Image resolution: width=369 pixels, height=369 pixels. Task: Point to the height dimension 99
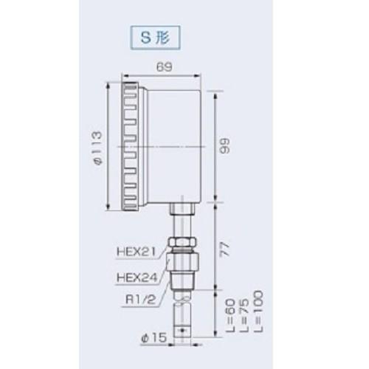227,146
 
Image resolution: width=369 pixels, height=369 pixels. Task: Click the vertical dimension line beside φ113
110,144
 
